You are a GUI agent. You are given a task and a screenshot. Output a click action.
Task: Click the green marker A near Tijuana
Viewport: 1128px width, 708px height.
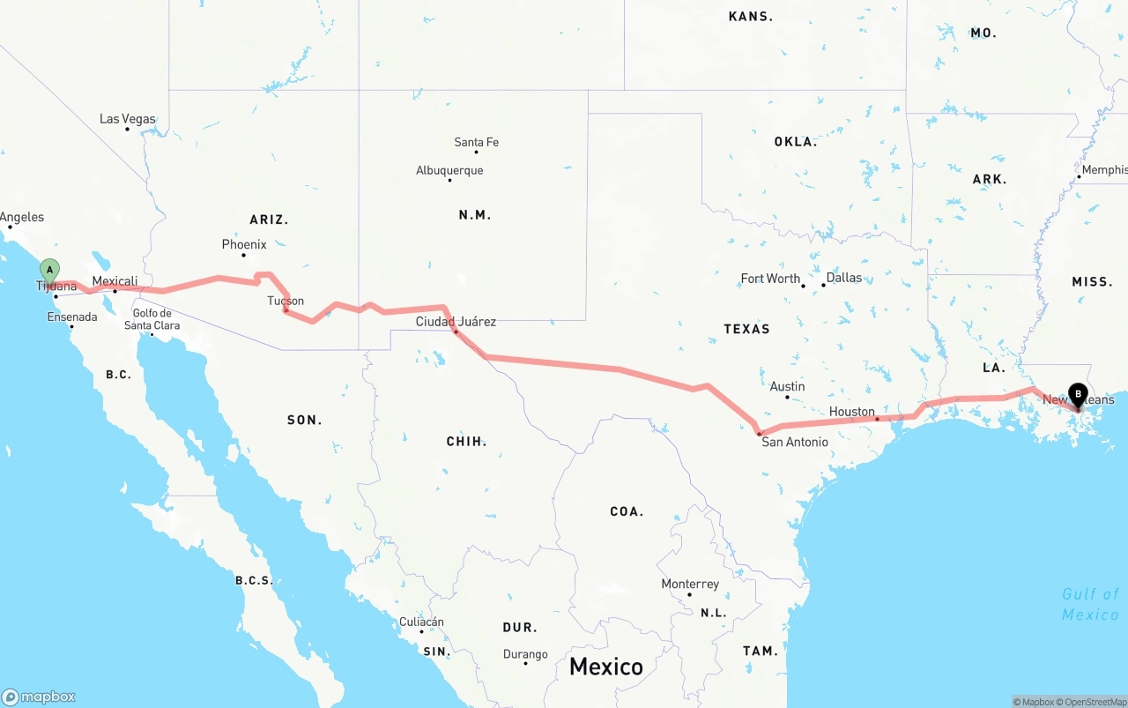50,270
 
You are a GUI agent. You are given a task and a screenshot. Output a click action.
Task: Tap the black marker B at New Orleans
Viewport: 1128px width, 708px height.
1077,396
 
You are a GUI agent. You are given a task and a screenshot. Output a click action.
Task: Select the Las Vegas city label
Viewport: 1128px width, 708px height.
127,119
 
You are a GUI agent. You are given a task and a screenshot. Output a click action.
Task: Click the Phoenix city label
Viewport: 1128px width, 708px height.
244,244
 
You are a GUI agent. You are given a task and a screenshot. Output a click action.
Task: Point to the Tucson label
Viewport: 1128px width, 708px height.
286,301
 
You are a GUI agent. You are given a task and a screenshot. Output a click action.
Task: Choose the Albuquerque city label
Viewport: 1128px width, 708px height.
449,170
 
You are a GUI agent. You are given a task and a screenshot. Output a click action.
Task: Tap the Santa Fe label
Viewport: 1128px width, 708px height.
476,142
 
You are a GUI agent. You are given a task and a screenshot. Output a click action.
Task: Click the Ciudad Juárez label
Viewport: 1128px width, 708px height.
456,322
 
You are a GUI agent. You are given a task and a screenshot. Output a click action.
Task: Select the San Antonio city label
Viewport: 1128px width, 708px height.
795,442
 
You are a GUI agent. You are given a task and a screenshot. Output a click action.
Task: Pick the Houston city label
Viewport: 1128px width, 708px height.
851,412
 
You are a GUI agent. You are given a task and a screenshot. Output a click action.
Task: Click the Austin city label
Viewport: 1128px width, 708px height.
787,386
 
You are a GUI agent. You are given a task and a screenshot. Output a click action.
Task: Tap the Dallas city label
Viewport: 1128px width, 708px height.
844,277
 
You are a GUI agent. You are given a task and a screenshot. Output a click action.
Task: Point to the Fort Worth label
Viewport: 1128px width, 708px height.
770,279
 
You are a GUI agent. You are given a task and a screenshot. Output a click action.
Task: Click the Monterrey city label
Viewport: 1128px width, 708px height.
690,584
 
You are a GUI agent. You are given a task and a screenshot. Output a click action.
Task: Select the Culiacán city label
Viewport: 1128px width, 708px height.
421,622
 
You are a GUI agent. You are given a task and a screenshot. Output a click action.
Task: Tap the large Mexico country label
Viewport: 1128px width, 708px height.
605,666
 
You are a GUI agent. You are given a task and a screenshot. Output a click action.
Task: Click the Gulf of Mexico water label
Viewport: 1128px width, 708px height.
1090,604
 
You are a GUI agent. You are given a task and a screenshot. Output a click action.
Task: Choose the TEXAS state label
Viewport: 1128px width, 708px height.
746,329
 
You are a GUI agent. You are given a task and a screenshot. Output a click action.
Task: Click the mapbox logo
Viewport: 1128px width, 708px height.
39,697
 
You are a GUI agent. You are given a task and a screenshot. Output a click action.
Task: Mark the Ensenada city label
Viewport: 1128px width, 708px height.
72,317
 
